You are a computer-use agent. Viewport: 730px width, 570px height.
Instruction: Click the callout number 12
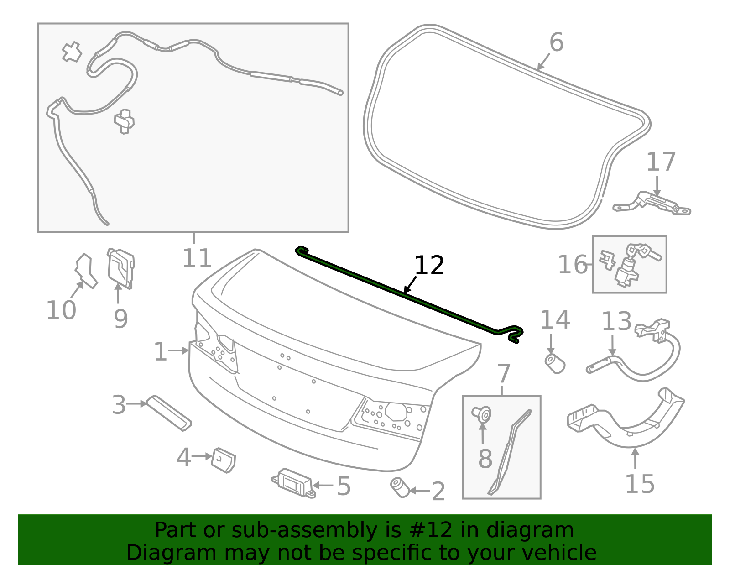(x=429, y=266)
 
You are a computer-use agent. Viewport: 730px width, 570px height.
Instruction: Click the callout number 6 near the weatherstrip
(x=556, y=42)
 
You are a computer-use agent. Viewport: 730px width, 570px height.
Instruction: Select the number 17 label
(x=661, y=162)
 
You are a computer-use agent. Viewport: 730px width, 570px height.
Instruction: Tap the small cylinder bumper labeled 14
(x=555, y=363)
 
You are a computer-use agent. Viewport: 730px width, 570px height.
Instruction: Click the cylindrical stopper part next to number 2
(x=400, y=487)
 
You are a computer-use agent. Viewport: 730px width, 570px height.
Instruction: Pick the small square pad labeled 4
(x=223, y=460)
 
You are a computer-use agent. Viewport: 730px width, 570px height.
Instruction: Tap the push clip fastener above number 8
(x=482, y=414)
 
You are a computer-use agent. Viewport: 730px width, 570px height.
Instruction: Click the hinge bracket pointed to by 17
(x=652, y=204)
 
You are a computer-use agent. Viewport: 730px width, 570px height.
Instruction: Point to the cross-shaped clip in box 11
(x=72, y=52)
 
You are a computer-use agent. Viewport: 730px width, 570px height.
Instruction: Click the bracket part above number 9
(x=121, y=268)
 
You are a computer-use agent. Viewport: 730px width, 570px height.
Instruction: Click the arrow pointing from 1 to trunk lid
(x=178, y=351)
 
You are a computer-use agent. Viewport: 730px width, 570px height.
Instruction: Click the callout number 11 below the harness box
(x=197, y=258)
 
